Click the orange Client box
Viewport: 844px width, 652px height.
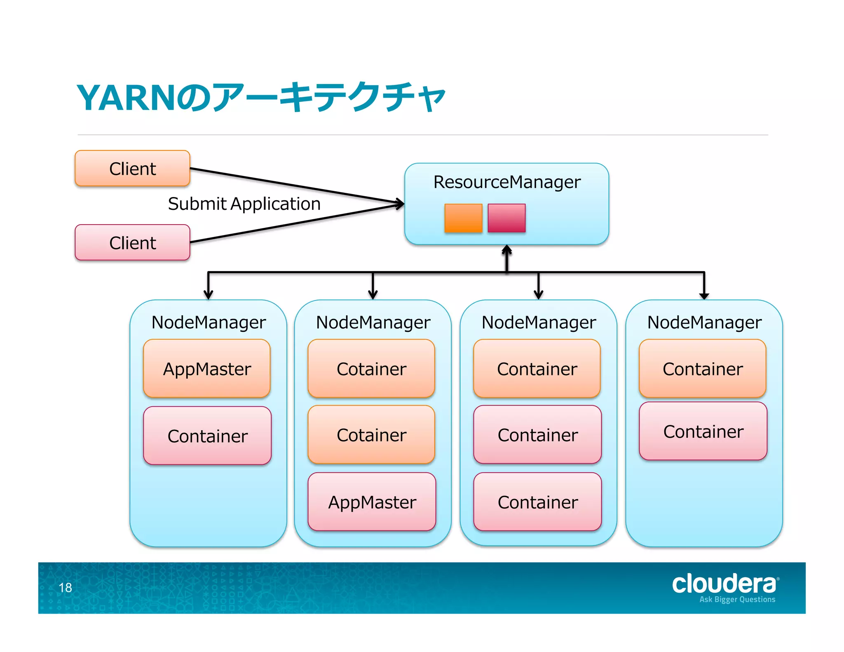(132, 169)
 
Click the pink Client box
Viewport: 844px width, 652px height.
(132, 243)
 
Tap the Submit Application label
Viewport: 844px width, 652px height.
(244, 204)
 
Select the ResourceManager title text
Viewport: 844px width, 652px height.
(506, 182)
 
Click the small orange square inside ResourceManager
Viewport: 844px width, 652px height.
(463, 218)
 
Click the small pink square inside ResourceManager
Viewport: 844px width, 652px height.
(506, 218)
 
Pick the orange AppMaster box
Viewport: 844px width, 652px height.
(207, 369)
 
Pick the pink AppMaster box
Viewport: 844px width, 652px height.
(372, 502)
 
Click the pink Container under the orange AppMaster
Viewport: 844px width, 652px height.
(207, 436)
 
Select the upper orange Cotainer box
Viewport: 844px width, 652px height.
(371, 369)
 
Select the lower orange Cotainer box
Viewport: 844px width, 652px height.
(371, 435)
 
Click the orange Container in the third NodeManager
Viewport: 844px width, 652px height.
(537, 369)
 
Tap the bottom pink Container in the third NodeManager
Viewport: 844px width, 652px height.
(537, 502)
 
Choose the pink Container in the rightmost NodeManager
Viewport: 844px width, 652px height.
(703, 432)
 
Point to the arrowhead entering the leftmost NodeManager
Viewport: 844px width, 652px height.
(209, 295)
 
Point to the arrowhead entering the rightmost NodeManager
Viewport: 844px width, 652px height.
(704, 296)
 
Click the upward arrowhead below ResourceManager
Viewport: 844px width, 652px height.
(507, 249)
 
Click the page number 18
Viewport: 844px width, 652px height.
(65, 588)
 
